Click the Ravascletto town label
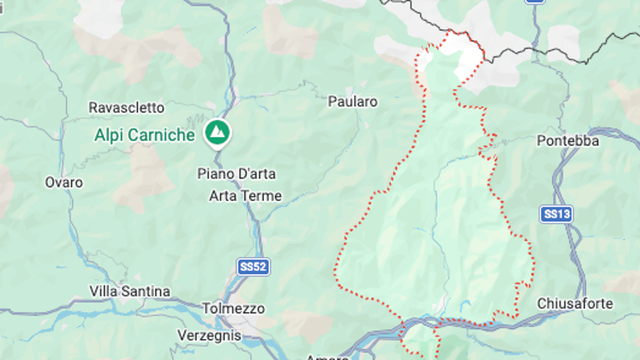pos(127,107)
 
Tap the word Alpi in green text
pos(108,134)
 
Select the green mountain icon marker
pos(217,132)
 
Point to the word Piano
pos(215,173)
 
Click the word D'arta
pos(256,173)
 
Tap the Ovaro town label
pos(64,182)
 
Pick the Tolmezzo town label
pos(233,308)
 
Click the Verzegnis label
pos(208,335)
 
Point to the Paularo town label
pos(352,102)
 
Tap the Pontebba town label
pos(568,140)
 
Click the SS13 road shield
pos(556,214)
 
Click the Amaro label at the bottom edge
pos(327,356)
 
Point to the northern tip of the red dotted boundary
pos(451,31)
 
